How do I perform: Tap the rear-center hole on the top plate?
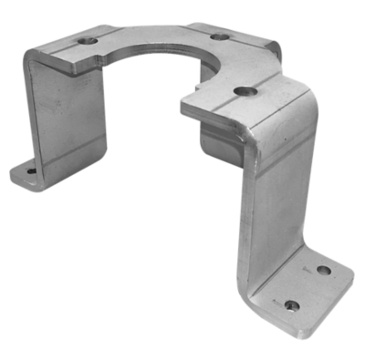point(219,36)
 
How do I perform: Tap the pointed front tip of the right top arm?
point(182,107)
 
